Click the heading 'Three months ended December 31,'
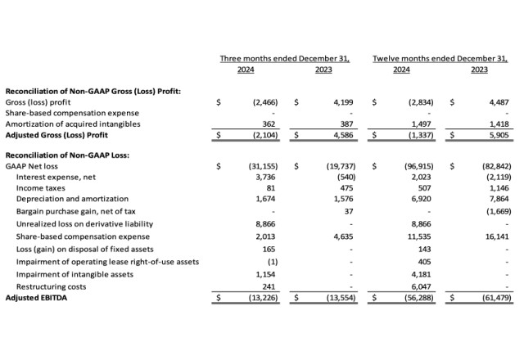pos(284,59)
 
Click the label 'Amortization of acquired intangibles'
pos(73,124)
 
